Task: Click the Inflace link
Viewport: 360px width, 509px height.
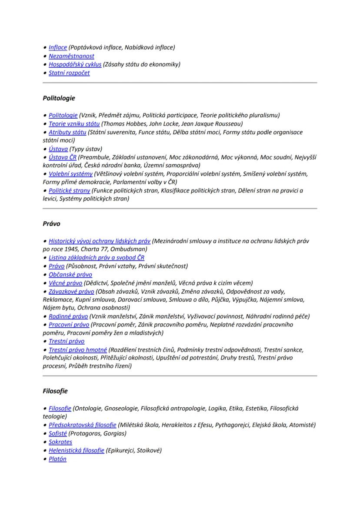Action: click(x=58, y=47)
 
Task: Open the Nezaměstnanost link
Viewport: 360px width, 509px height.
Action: click(x=71, y=56)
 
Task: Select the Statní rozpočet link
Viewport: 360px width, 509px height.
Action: click(x=69, y=73)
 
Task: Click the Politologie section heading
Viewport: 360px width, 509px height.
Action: click(x=59, y=98)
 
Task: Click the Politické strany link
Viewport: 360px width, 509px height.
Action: click(x=69, y=191)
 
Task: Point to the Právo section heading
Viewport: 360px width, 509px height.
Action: click(x=51, y=224)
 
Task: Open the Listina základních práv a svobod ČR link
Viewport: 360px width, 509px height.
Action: click(x=97, y=258)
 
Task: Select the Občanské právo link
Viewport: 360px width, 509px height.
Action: click(x=70, y=275)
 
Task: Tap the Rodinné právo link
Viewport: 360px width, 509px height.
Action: click(x=68, y=316)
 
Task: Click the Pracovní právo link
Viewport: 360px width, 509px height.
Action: click(x=69, y=325)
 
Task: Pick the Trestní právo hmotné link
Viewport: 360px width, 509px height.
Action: click(x=78, y=350)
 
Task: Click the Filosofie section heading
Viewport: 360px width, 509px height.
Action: click(x=55, y=391)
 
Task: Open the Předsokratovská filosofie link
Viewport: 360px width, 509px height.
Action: click(x=82, y=425)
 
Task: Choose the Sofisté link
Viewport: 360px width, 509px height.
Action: click(x=58, y=434)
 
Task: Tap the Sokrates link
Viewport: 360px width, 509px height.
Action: click(x=60, y=442)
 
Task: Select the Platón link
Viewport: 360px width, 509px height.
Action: click(x=57, y=459)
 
